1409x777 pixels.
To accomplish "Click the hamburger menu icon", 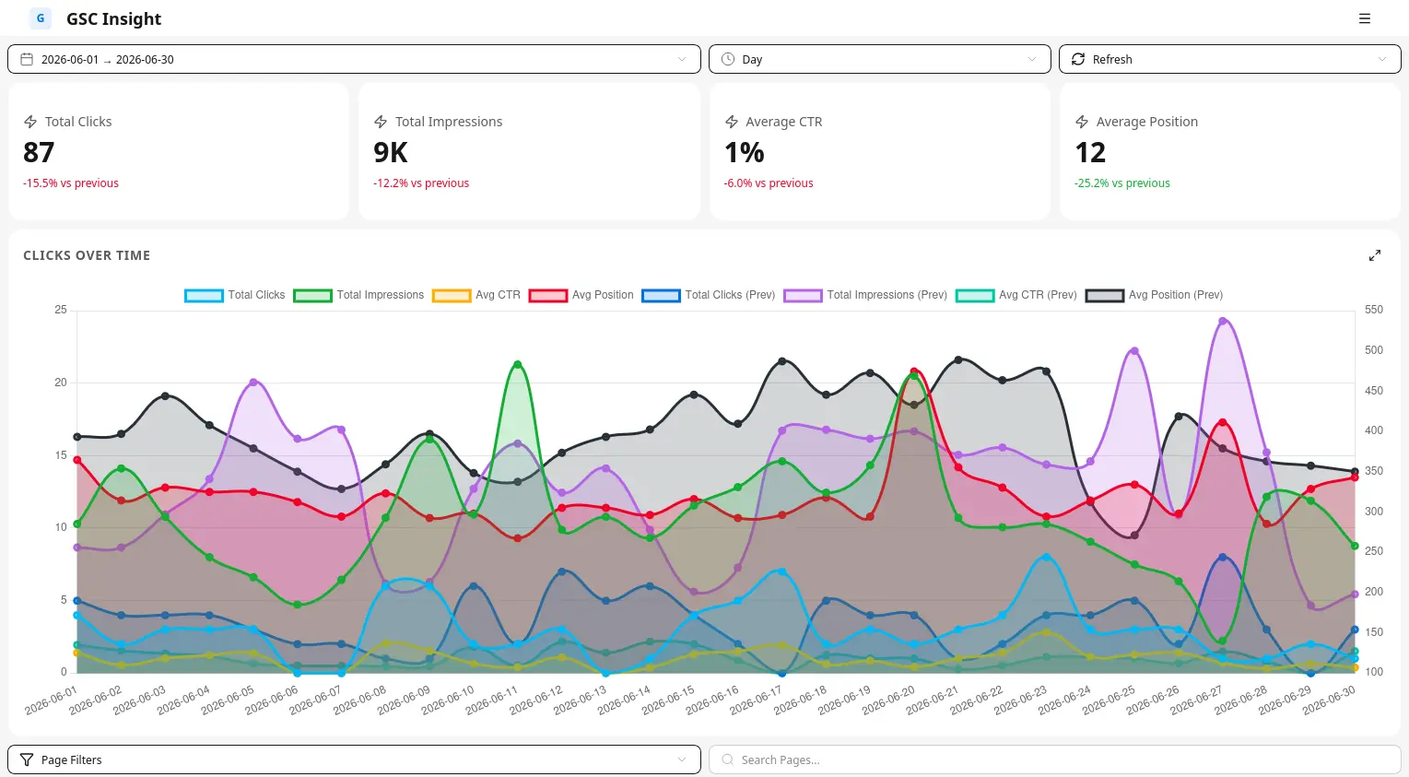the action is tap(1365, 18).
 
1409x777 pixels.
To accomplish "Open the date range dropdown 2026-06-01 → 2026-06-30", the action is tap(354, 59).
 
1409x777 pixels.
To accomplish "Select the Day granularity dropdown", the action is tap(879, 59).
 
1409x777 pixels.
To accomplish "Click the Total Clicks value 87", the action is tap(39, 152).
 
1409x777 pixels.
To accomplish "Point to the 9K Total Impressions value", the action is tap(391, 152).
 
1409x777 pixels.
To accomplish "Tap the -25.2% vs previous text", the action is tap(1122, 183).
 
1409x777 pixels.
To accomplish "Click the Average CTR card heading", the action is tap(784, 122).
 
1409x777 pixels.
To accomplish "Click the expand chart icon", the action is tap(1375, 255).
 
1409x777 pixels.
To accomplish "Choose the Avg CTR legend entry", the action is tap(476, 295).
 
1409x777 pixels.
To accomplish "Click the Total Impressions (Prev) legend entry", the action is tap(865, 295).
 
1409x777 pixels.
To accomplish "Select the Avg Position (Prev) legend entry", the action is tap(1155, 295).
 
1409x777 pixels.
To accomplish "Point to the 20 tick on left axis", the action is tap(61, 383).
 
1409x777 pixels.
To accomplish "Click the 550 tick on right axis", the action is tap(1374, 310).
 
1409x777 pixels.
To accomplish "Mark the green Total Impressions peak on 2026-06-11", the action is tap(518, 364).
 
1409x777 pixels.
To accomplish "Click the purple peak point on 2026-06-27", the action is tap(1223, 322).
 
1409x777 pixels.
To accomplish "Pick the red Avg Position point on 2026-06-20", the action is tap(914, 371).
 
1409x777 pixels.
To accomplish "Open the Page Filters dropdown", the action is tap(354, 760).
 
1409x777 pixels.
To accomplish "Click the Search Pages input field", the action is tap(1055, 760).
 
